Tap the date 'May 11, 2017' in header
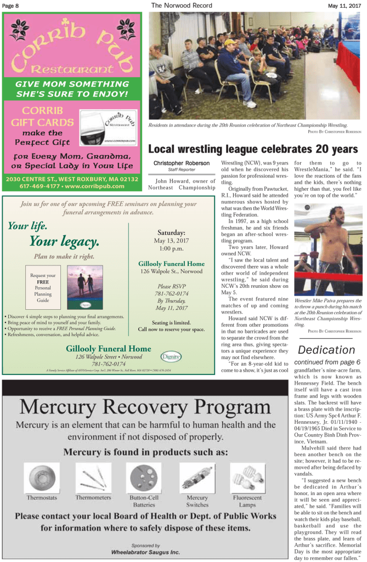(344, 5)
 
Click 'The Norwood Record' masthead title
(181, 5)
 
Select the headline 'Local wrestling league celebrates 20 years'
(253, 149)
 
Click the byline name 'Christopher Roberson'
(181, 163)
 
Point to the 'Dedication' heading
(326, 350)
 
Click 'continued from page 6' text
(327, 362)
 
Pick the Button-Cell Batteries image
(144, 478)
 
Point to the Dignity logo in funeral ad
(171, 356)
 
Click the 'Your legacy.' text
(64, 241)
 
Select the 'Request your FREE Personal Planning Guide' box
(42, 288)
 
